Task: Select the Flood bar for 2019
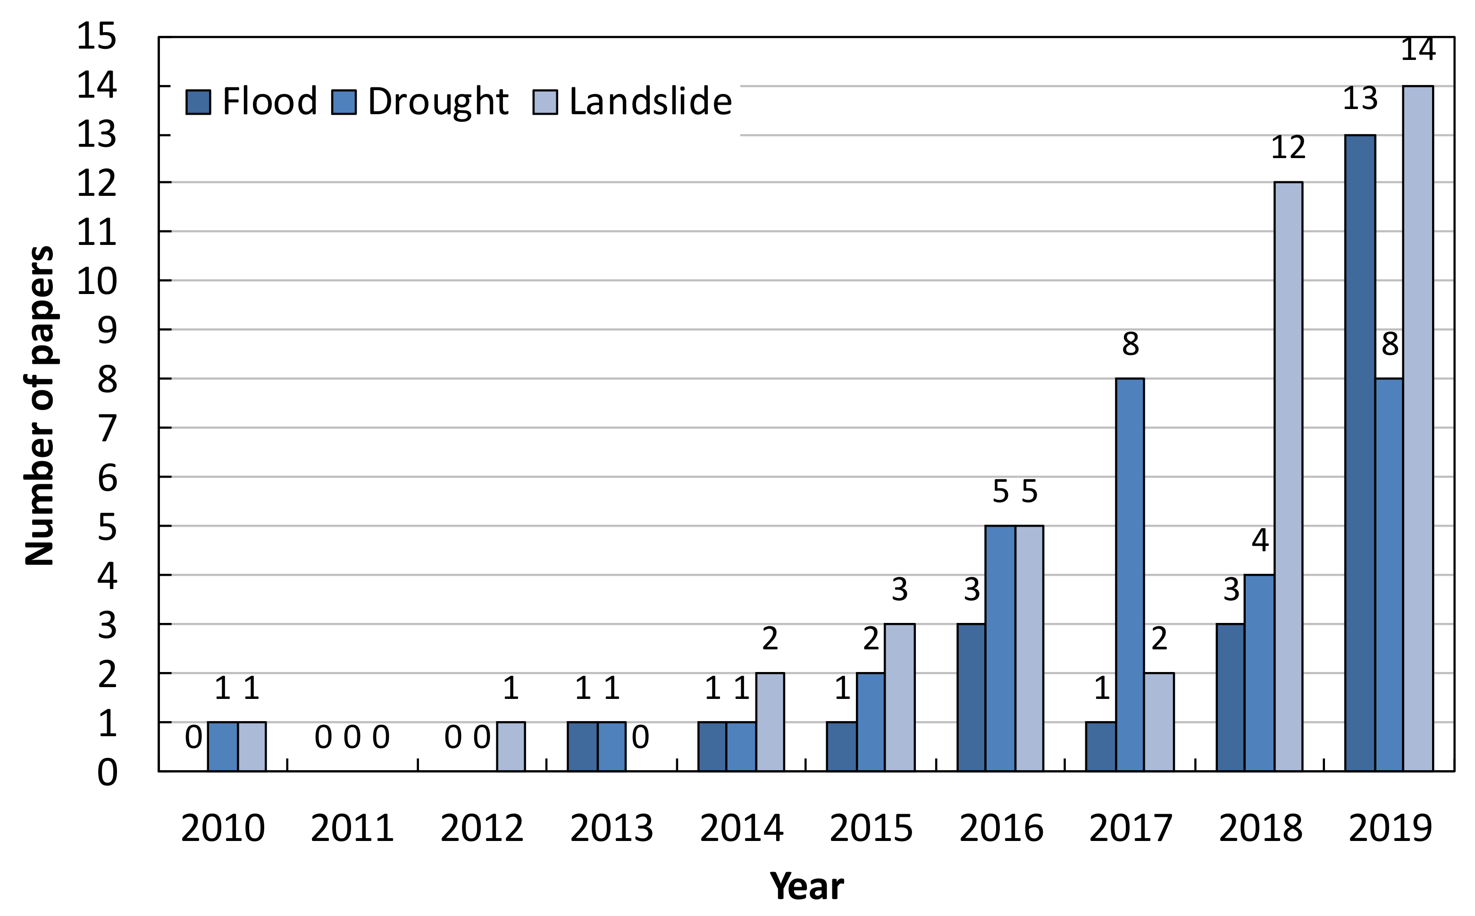point(1360,453)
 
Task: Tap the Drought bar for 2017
point(1130,574)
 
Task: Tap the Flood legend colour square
point(198,102)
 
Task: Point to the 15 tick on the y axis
point(96,36)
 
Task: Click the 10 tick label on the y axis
point(96,281)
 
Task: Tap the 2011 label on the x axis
point(352,828)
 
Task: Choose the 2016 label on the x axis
point(1001,828)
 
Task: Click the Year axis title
point(806,886)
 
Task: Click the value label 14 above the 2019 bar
point(1418,50)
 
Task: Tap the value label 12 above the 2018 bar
point(1288,147)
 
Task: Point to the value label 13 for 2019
point(1360,99)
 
